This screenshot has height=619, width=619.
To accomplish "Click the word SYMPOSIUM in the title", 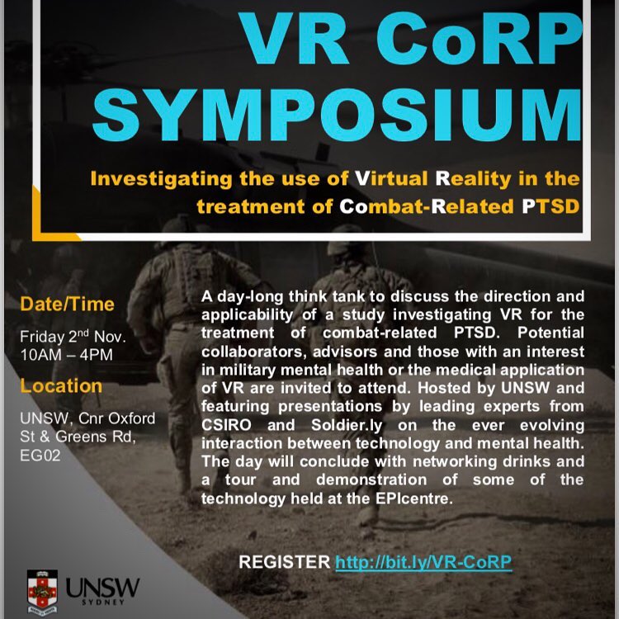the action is click(x=337, y=115).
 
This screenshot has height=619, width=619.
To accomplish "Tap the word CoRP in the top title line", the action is click(x=480, y=39).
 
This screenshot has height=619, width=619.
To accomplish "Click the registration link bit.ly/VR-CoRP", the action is click(x=423, y=562).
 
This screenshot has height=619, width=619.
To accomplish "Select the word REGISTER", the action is click(x=284, y=562).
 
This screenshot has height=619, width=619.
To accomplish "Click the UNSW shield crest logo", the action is click(x=42, y=592).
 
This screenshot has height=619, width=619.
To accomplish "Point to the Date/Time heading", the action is click(x=67, y=305).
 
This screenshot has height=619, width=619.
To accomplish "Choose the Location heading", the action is click(x=61, y=385).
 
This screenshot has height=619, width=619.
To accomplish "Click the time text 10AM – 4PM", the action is click(x=66, y=355).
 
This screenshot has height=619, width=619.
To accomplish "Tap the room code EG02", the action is click(x=40, y=455).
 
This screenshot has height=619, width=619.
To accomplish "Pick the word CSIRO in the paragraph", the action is click(x=226, y=425).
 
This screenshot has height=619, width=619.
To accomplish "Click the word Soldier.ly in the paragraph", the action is click(x=347, y=425).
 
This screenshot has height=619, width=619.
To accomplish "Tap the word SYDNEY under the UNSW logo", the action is click(x=103, y=602).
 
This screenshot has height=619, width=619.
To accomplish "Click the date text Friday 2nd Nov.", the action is click(x=73, y=337).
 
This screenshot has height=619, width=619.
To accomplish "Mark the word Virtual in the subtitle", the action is click(x=391, y=178).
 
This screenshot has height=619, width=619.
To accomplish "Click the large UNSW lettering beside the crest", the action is click(x=102, y=588).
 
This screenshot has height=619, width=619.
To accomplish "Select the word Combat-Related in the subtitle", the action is click(x=427, y=206).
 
